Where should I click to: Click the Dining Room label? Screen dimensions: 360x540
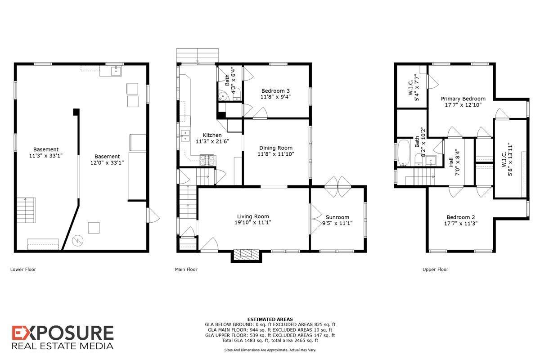[x=276, y=148]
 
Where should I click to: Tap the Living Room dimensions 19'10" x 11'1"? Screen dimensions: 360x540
[x=252, y=222]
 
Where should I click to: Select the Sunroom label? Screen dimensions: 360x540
[x=337, y=217]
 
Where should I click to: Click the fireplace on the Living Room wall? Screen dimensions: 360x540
[x=246, y=254]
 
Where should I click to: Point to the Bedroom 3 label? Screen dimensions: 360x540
[x=275, y=90]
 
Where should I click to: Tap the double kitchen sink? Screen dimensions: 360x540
[x=185, y=135]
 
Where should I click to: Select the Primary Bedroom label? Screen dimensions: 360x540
[x=463, y=99]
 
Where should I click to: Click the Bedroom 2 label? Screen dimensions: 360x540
[x=461, y=216]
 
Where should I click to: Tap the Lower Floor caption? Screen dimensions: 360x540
[x=23, y=270]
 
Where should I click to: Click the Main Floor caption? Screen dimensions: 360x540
[x=186, y=270]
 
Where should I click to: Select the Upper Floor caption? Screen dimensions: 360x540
[x=435, y=270]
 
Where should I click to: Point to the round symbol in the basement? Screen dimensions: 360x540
[x=78, y=241]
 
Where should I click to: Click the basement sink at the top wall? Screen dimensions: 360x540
[x=117, y=70]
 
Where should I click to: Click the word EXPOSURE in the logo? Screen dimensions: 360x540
[x=63, y=333]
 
